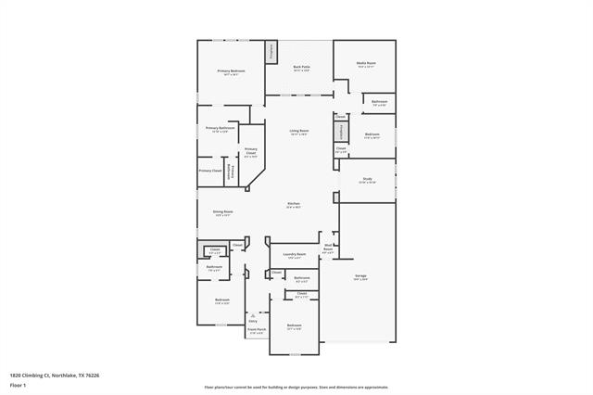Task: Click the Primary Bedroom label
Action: [x=231, y=71]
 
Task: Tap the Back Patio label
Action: [x=301, y=68]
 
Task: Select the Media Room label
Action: [x=365, y=64]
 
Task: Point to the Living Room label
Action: [x=298, y=132]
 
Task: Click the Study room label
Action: [x=367, y=180]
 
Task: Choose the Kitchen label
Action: [x=293, y=204]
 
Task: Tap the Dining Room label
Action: [x=222, y=212]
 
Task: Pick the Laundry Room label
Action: [x=294, y=254]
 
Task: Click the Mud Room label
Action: [x=328, y=247]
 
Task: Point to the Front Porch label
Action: [x=257, y=330]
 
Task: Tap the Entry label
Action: [x=252, y=321]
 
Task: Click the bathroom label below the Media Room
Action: [x=379, y=102]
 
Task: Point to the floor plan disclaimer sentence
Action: [x=296, y=387]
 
